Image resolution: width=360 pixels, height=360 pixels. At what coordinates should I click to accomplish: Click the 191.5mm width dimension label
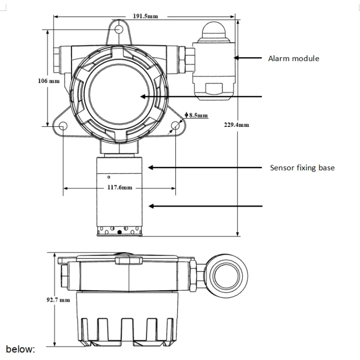tap(145, 16)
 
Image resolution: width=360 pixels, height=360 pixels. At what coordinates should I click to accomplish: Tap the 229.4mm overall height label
tap(236, 125)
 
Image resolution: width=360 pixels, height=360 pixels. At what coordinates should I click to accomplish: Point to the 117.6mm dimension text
tap(119, 188)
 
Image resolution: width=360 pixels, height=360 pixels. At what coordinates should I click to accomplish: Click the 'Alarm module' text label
tap(293, 58)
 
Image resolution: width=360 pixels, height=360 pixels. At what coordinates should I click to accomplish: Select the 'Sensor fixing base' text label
tap(302, 168)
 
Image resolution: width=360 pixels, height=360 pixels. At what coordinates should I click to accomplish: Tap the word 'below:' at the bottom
tap(20, 349)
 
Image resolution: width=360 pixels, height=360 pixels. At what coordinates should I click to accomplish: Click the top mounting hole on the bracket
tap(119, 29)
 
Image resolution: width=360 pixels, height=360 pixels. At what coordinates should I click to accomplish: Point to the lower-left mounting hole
tap(63, 126)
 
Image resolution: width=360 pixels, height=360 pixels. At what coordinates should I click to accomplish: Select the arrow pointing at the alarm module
tap(249, 58)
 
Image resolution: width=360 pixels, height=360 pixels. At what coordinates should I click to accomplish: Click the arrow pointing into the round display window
tap(200, 97)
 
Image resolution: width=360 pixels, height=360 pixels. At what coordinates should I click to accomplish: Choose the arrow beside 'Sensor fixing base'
tap(205, 167)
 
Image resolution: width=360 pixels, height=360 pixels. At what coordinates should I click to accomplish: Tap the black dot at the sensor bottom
tap(119, 232)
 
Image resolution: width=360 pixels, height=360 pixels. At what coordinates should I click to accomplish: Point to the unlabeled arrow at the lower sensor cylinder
tap(205, 206)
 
